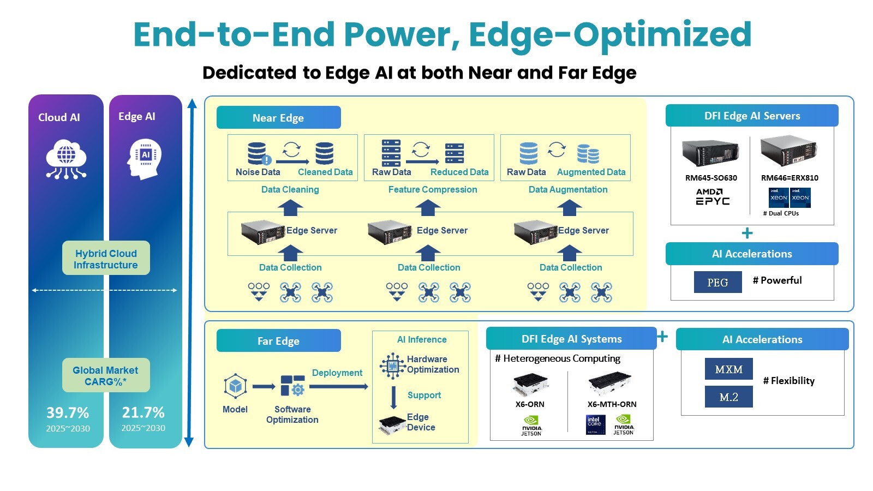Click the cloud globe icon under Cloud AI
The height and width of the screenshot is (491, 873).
[x=66, y=159]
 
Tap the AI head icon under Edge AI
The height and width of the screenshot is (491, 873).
[x=145, y=159]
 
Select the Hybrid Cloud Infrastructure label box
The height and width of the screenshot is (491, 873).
[x=106, y=258]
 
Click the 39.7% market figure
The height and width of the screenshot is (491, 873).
[x=68, y=412]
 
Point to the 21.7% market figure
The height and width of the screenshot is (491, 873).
[x=143, y=412]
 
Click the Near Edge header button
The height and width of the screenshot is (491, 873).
[x=279, y=117]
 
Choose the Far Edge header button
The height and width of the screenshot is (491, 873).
[x=279, y=340]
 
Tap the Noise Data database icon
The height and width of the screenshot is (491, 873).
[x=259, y=153]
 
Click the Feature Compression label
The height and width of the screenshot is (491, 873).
[x=433, y=189]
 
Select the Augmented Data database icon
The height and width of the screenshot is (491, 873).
[x=588, y=154]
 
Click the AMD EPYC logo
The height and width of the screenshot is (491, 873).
[x=713, y=197]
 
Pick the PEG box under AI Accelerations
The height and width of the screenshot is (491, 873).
[x=717, y=282]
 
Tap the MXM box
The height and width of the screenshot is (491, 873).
[x=729, y=369]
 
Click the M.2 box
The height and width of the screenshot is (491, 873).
[x=729, y=397]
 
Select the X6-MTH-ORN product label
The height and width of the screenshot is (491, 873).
[x=612, y=404]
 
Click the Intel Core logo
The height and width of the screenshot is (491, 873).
[x=595, y=424]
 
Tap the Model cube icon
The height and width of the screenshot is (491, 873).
[x=235, y=386]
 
